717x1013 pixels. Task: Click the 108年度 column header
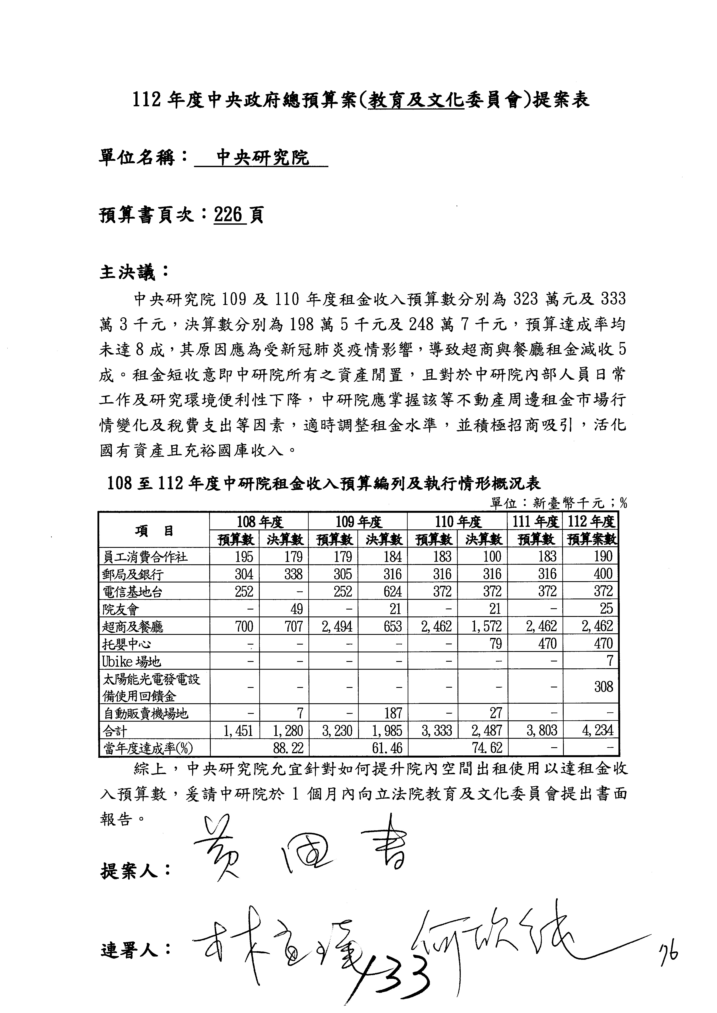point(259,522)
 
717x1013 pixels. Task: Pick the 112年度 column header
point(591,522)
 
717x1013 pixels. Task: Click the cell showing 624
point(392,591)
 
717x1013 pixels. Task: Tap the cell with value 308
point(603,687)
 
